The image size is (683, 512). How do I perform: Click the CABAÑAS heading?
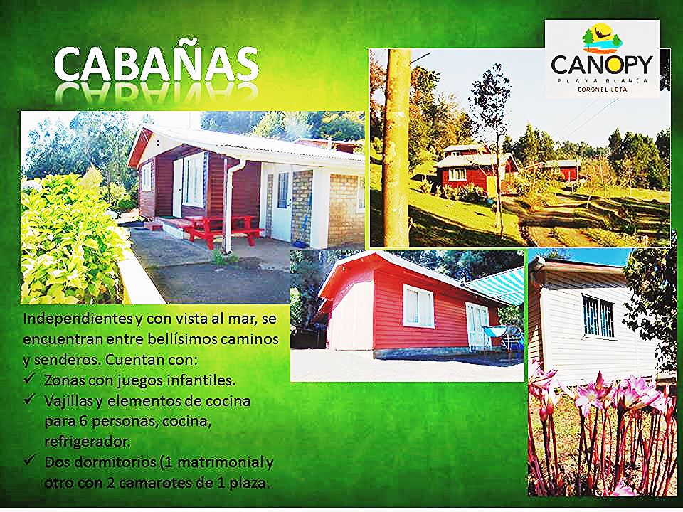pos(157,64)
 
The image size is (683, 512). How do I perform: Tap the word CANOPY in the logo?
pos(602,65)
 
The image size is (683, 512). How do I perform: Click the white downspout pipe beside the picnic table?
pos(230,206)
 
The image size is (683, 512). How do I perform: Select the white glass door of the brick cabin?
pos(282,206)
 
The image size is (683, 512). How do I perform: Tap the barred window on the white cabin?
pos(598,316)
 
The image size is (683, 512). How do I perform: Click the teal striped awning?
pos(496,285)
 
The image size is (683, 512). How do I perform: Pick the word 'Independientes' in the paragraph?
pos(78,319)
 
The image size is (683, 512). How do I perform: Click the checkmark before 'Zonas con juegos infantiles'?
pos(30,379)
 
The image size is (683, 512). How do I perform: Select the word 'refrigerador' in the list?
pos(87,442)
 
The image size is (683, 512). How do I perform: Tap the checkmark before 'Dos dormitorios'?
pos(30,460)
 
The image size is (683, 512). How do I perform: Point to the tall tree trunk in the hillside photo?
pos(397,148)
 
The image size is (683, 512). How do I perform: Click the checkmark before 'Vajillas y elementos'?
pos(30,399)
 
